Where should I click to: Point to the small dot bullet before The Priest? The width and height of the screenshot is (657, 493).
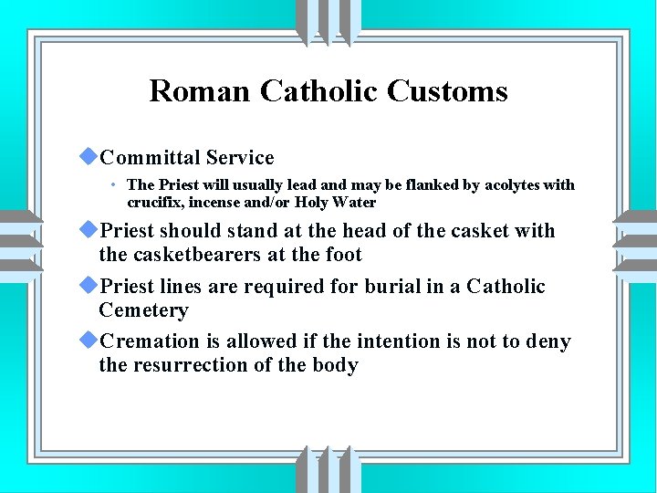tap(111, 185)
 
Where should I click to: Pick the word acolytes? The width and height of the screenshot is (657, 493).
tap(512, 185)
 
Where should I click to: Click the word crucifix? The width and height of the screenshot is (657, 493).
tap(154, 202)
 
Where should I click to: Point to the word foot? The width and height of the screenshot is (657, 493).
tap(344, 255)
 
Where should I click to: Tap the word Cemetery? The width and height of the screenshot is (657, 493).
tap(143, 310)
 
